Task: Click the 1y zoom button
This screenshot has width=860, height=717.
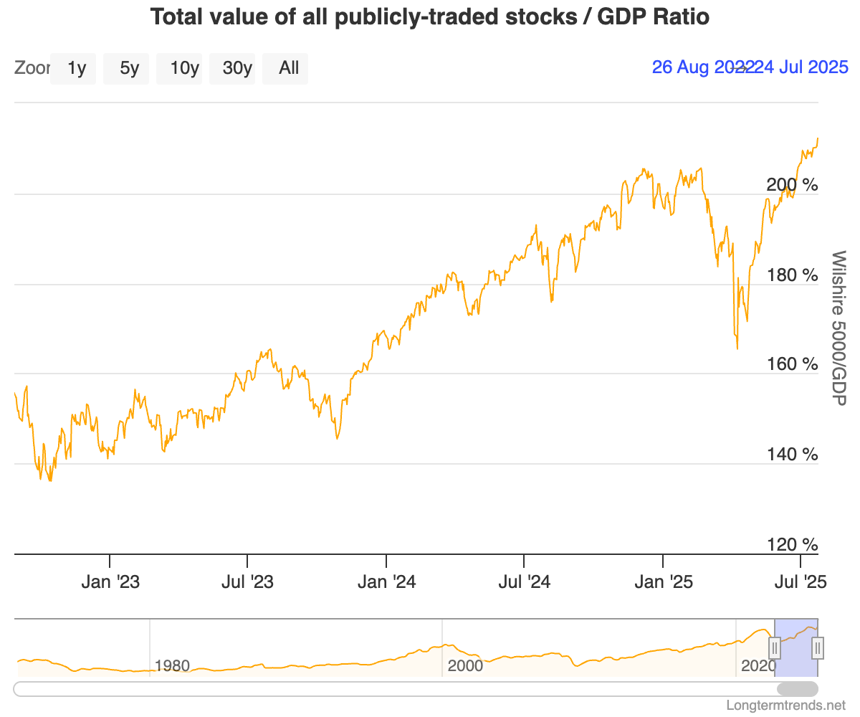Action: (77, 68)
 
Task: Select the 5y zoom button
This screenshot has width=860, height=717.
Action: (129, 68)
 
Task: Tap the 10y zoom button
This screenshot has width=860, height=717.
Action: (184, 68)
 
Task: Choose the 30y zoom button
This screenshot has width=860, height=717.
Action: (237, 68)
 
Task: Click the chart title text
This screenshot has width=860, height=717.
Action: (430, 17)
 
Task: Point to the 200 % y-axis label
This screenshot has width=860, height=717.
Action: (792, 185)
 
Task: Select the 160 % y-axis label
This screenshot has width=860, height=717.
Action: (792, 364)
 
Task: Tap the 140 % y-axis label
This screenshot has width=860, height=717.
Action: (792, 455)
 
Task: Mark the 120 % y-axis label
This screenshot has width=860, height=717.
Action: (792, 545)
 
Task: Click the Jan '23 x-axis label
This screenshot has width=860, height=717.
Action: (110, 581)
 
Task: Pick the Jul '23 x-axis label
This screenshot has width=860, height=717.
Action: (248, 581)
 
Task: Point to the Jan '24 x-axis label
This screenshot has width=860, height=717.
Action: (387, 581)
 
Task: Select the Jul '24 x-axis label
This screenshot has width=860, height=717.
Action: (525, 581)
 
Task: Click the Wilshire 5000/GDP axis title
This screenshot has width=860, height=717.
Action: (838, 327)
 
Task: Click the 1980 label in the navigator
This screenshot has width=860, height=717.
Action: (172, 666)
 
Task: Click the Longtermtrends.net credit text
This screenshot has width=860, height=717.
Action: (785, 706)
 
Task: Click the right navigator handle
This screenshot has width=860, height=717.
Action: (817, 648)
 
